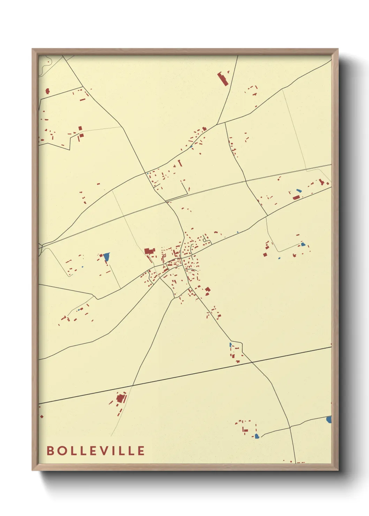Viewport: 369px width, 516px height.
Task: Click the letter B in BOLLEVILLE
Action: (50, 450)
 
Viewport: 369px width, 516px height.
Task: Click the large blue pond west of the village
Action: (106, 257)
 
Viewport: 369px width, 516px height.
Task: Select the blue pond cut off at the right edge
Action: (329, 419)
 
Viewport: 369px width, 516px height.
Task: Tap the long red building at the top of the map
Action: (222, 79)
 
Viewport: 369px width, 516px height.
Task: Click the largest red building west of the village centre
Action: (149, 251)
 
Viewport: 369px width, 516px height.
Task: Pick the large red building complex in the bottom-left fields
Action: (120, 398)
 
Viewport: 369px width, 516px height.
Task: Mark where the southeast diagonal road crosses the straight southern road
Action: (252, 363)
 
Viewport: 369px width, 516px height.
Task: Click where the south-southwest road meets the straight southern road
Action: (133, 386)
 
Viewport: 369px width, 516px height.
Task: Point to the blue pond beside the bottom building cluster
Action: (257, 436)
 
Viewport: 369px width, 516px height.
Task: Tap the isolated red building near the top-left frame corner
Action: (47, 91)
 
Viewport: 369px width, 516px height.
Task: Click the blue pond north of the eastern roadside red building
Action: (298, 191)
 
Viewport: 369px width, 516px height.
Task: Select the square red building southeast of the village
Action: (208, 289)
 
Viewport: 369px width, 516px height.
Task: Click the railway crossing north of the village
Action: (167, 202)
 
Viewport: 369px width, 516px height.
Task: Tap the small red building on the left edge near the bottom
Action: (42, 416)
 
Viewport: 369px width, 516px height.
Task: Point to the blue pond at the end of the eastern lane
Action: (303, 244)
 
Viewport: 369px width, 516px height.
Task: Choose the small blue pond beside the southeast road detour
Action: (231, 345)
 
